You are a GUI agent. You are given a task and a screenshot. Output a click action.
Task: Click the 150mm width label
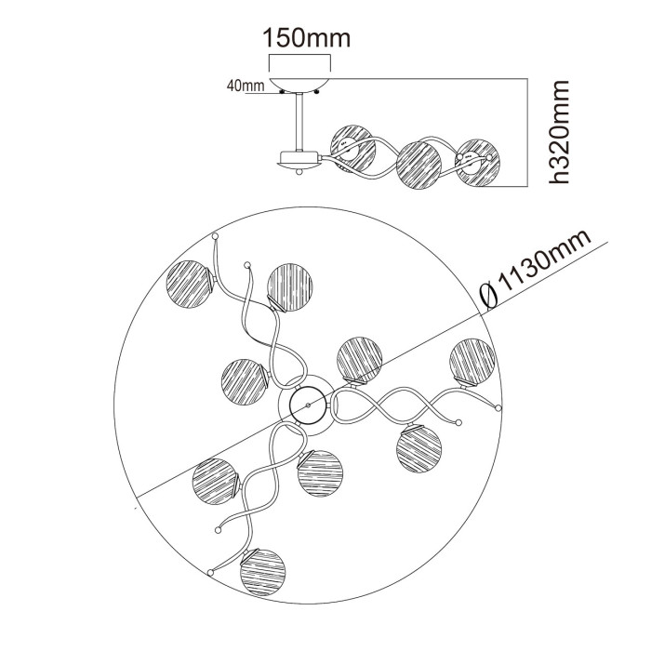[x=306, y=38]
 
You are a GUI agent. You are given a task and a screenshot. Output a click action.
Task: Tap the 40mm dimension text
[x=245, y=86]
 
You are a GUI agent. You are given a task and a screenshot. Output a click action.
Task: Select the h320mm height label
[x=558, y=131]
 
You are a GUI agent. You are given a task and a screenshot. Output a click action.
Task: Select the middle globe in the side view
[x=418, y=163]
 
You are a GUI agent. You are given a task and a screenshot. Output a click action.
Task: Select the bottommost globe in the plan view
[x=262, y=570]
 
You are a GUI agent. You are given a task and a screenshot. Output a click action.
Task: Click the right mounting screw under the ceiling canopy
[x=317, y=92]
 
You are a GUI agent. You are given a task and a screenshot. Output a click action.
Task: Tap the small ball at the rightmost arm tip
[x=498, y=408]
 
